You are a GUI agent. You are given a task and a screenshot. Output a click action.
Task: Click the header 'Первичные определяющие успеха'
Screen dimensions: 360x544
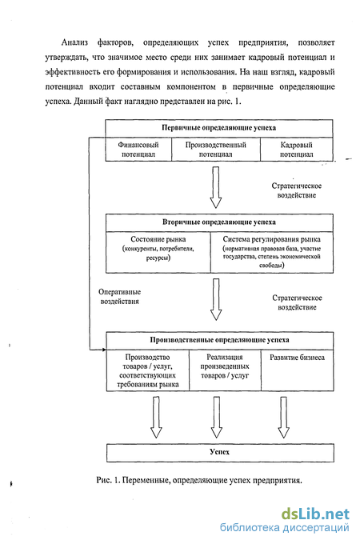[219, 128]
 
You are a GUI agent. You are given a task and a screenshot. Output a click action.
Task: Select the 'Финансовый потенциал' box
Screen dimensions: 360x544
[138, 149]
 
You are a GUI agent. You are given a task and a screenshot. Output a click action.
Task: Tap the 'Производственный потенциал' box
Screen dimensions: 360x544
[216, 149]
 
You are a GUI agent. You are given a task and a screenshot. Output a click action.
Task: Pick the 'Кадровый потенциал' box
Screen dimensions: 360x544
[297, 149]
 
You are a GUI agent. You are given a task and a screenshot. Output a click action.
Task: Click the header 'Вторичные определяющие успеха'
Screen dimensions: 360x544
[219, 222]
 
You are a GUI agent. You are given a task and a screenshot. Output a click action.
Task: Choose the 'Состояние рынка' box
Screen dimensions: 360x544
[158, 252]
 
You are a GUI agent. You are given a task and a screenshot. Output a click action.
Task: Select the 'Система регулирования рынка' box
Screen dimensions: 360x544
[272, 252]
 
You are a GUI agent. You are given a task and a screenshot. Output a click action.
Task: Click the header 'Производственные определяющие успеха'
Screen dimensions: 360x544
[219, 340]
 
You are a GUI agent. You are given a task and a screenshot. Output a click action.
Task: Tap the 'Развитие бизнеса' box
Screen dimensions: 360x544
[298, 370]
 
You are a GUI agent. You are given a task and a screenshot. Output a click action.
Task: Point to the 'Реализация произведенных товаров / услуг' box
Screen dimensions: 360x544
[225, 370]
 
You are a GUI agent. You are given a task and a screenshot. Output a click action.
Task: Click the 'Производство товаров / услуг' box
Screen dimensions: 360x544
[148, 370]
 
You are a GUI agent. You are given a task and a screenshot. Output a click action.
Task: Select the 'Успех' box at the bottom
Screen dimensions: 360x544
[220, 453]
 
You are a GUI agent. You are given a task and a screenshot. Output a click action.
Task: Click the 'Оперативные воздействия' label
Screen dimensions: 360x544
[120, 297]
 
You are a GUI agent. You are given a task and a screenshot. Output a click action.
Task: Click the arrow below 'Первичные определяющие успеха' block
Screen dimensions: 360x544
[216, 187]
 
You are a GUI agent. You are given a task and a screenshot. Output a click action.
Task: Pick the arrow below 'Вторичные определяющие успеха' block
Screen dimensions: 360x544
[216, 299]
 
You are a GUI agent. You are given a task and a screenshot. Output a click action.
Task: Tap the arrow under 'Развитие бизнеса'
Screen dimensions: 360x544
[283, 418]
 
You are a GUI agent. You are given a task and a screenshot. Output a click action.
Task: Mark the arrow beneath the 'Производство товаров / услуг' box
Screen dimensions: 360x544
[156, 418]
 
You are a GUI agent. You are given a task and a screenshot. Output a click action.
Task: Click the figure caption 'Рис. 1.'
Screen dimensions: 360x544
[108, 481]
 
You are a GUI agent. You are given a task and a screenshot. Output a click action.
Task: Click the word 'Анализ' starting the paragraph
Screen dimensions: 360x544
[74, 42]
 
